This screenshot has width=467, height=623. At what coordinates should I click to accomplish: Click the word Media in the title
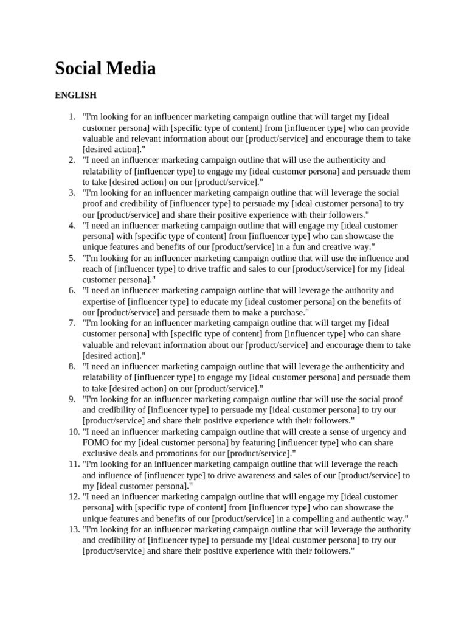[133, 69]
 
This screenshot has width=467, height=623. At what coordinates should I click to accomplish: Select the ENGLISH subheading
[76, 95]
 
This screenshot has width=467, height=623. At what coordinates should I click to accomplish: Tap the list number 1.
[72, 117]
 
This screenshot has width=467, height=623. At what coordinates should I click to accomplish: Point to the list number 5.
[72, 258]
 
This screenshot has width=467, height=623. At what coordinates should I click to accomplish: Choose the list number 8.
[72, 366]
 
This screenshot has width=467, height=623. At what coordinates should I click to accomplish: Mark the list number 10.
[70, 432]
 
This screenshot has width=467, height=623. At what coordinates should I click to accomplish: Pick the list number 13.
[70, 529]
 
